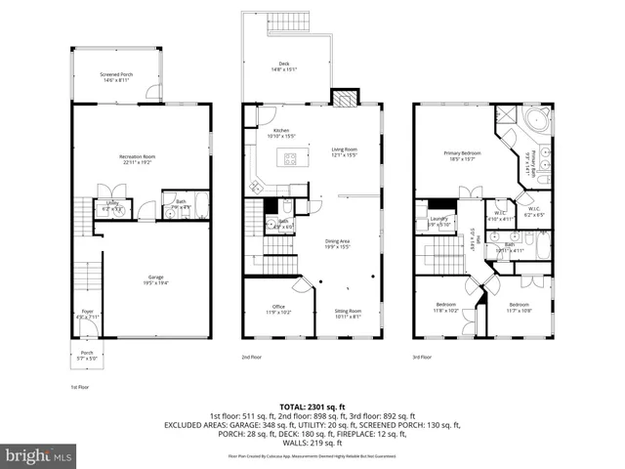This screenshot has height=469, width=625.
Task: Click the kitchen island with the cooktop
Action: (290, 158)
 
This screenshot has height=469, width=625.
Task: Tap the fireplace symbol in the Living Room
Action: (343, 98)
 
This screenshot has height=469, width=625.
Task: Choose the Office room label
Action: (278, 310)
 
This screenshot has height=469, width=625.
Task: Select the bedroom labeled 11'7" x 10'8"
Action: (519, 308)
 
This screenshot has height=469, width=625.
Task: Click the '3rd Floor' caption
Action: (422, 358)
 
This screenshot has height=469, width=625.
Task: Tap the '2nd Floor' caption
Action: (252, 358)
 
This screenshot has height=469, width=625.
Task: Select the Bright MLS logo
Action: (39, 455)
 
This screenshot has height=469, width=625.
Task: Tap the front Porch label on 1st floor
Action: (87, 356)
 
